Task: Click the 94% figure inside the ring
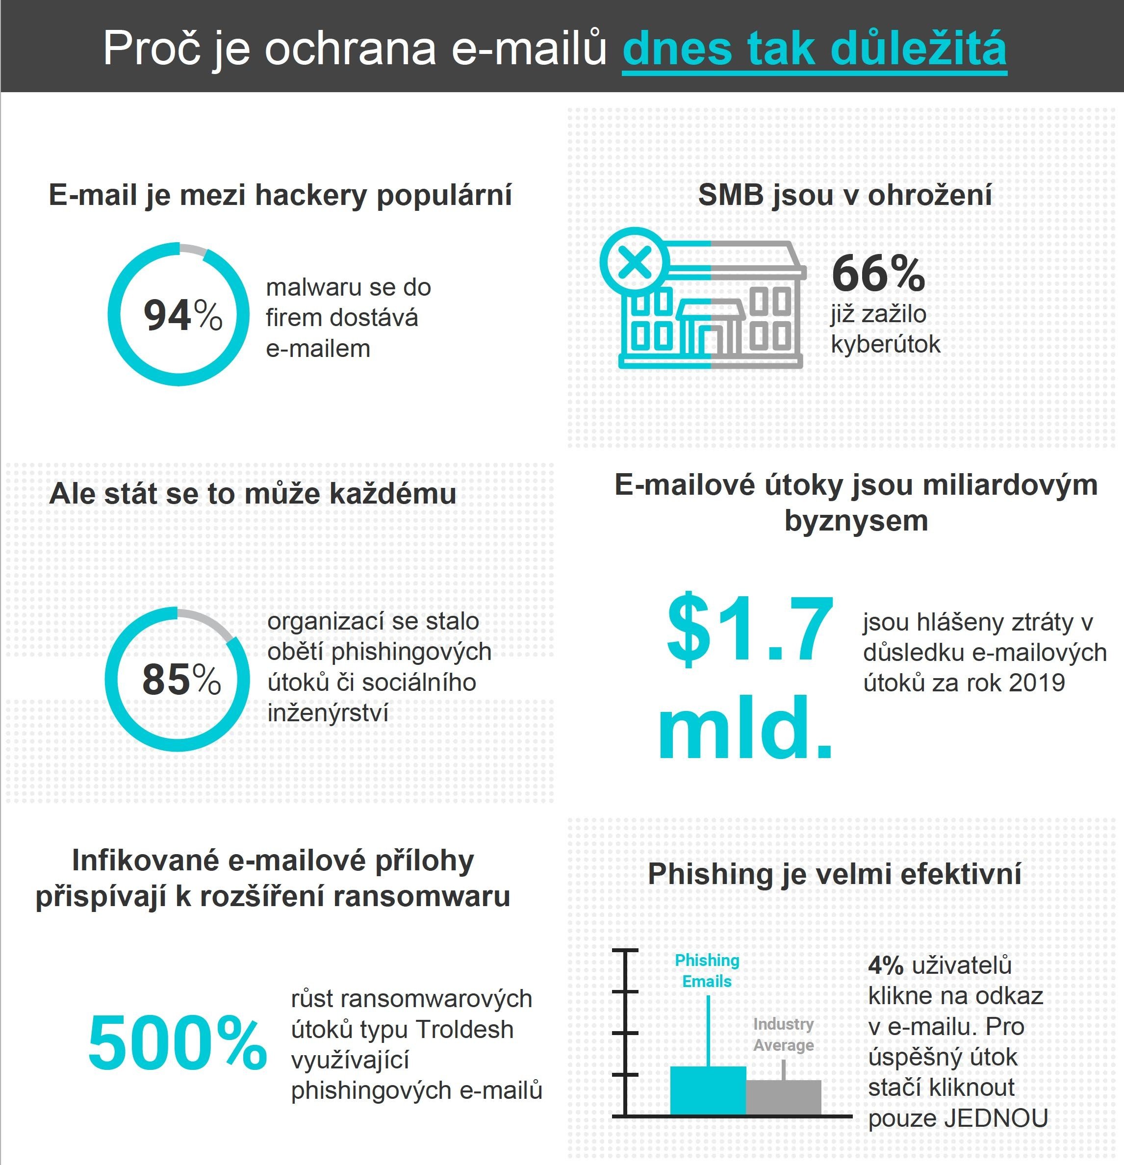(182, 315)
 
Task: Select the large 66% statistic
(878, 274)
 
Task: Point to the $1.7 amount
(749, 629)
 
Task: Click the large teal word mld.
(745, 728)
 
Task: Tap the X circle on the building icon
(635, 262)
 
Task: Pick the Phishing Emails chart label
(707, 971)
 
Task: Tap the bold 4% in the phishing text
(886, 966)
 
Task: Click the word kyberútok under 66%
(886, 344)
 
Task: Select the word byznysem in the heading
(856, 521)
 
